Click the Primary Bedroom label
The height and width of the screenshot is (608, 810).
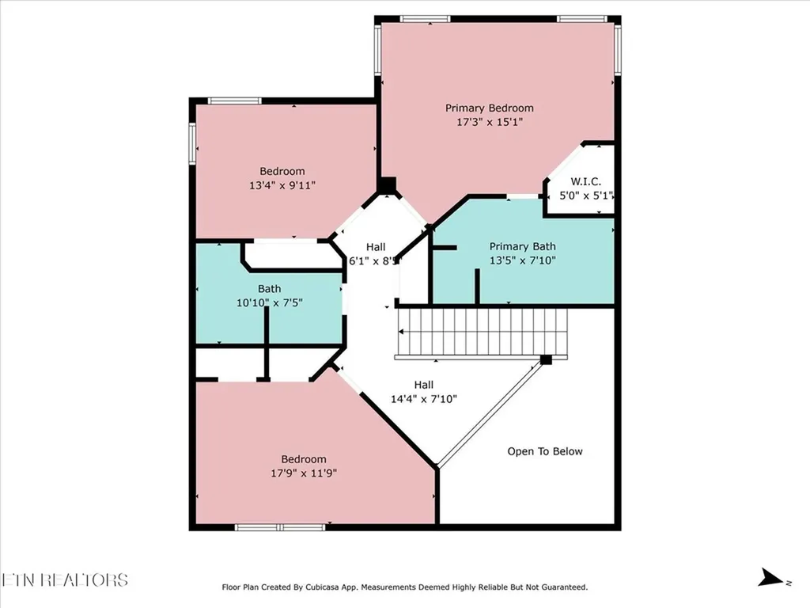click(x=489, y=108)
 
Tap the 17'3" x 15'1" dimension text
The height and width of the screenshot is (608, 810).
click(x=489, y=122)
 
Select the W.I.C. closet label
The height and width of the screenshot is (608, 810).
click(x=586, y=181)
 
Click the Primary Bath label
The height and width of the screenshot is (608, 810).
click(x=522, y=246)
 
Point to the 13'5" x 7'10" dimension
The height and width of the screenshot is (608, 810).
click(x=522, y=260)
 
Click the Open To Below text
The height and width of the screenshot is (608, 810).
click(x=544, y=451)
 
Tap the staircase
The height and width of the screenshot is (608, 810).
click(x=483, y=332)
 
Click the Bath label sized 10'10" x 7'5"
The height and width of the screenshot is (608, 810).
click(x=269, y=289)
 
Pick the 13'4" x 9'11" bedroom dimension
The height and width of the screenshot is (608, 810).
click(x=282, y=185)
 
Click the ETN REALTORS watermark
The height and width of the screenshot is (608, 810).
click(x=65, y=579)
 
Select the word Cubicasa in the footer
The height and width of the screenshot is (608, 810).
click(x=335, y=587)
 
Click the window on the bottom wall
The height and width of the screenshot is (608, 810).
click(x=280, y=526)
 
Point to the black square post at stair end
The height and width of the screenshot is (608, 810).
click(x=546, y=359)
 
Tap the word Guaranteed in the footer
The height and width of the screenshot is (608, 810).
click(x=559, y=587)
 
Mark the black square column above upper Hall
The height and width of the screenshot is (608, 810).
click(x=386, y=185)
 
